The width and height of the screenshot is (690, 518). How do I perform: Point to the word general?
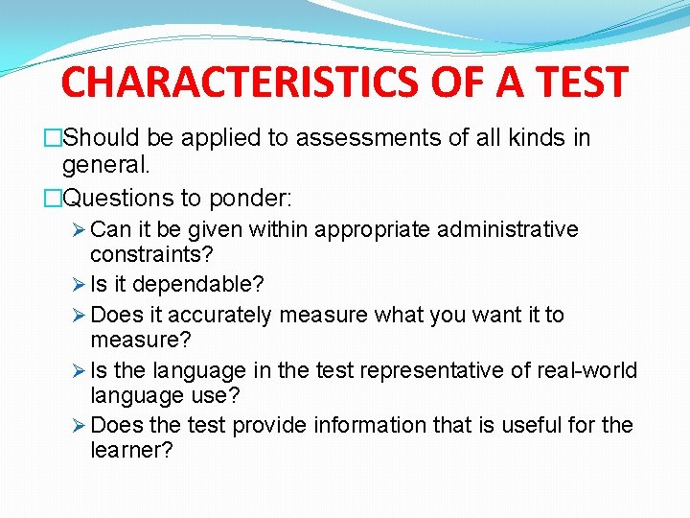pos(105,165)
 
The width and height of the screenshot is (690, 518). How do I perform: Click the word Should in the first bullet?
pos(103,138)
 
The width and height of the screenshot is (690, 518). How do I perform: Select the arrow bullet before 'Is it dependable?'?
pos(80,286)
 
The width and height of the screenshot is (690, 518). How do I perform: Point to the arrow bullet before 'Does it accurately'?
pos(80,316)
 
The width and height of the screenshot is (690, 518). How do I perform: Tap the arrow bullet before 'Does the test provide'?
pos(80,425)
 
